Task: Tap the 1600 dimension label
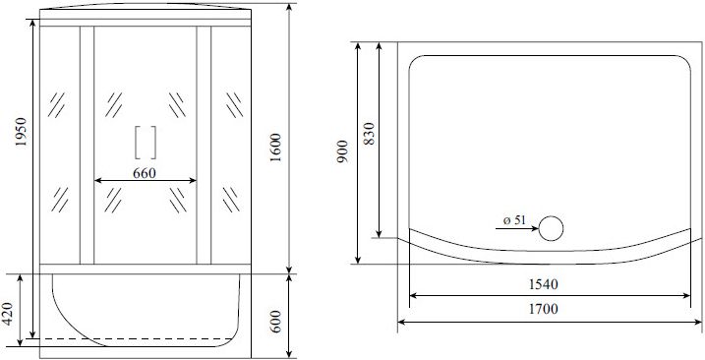274,149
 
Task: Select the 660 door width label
145,173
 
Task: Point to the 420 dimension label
9,314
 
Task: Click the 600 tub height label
275,322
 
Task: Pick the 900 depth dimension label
342,151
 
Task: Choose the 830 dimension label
369,134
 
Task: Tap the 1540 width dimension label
543,284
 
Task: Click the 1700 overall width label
543,309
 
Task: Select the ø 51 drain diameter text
514,220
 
